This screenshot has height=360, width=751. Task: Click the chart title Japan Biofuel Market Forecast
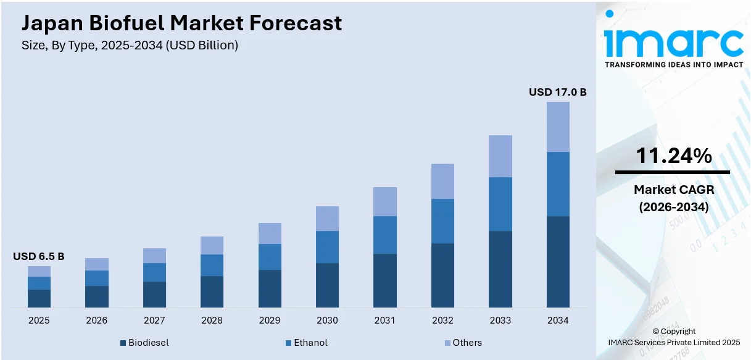[x=181, y=23]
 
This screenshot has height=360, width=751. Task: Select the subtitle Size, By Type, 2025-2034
[x=130, y=45]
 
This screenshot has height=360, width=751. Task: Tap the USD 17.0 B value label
[x=557, y=92]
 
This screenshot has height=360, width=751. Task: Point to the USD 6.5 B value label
[x=38, y=256]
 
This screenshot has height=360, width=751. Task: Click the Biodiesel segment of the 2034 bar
[x=558, y=261]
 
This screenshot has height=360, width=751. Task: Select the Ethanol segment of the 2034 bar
[x=558, y=184]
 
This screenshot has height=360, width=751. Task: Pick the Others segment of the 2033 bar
[x=500, y=156]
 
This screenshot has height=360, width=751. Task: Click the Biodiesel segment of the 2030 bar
[x=327, y=285]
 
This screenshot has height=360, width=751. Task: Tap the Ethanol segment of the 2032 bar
[x=442, y=221]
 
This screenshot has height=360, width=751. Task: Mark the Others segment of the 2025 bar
[x=39, y=271]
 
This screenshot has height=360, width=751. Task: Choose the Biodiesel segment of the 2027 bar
[x=154, y=294]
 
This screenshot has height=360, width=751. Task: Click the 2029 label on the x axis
[x=270, y=320]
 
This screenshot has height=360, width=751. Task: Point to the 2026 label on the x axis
[x=97, y=320]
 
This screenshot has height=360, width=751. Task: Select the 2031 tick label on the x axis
[x=385, y=320]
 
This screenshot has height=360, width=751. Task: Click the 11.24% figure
[x=673, y=156]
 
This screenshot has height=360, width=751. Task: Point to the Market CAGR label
[x=673, y=190]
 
